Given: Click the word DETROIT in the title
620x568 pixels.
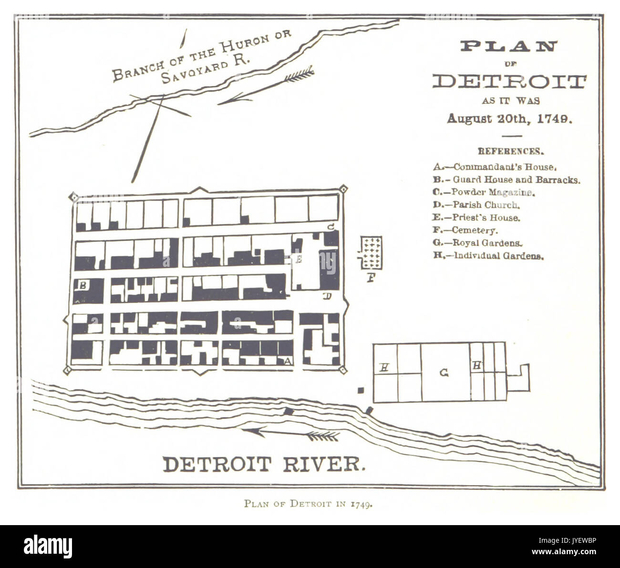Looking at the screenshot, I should click(508, 82).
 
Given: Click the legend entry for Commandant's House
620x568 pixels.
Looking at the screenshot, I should click(495, 167).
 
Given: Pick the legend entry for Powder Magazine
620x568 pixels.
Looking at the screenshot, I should click(485, 193).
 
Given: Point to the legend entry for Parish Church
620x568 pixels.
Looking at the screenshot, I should click(476, 205).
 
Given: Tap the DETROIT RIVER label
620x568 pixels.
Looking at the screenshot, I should click(265, 464).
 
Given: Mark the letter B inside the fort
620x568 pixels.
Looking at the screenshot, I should click(83, 286).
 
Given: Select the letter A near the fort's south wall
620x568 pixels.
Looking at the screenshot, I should click(287, 361).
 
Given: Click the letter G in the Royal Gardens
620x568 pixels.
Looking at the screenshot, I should click(444, 373).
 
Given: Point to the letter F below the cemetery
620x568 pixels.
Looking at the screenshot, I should click(370, 277).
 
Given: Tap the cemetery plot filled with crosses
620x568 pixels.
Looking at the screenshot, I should click(371, 253).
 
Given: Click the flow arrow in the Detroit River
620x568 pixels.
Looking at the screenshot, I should click(291, 433).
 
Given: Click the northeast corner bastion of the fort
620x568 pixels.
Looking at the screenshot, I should click(342, 190).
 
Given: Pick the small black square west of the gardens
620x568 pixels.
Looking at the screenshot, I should click(361, 391).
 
